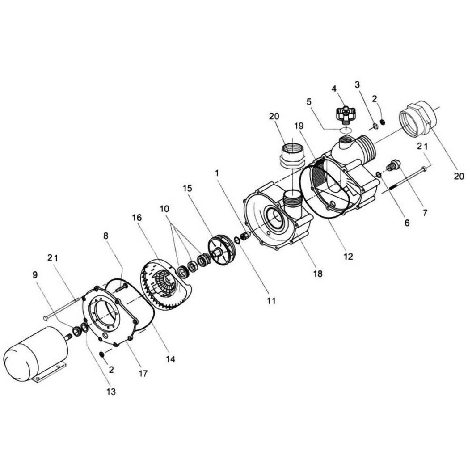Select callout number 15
pos(187,189)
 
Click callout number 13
pos(111,392)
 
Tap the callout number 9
pos(35,274)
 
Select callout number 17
pos(143,374)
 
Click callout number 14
pos(170,359)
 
